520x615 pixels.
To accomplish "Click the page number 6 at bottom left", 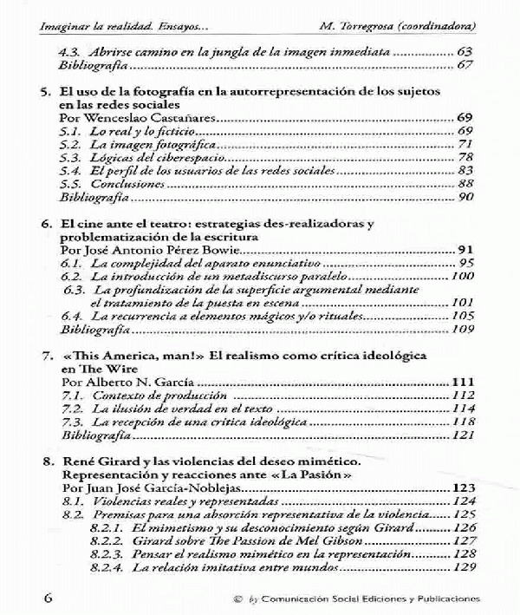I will click(23, 599).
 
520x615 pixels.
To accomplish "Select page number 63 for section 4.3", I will click(465, 52).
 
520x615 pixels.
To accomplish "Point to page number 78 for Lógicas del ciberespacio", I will click(465, 157).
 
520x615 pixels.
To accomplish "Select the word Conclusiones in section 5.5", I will click(129, 184).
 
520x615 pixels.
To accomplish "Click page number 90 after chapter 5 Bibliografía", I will click(465, 198).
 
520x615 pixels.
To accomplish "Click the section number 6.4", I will click(71, 317).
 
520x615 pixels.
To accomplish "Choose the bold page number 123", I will click(462, 489).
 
